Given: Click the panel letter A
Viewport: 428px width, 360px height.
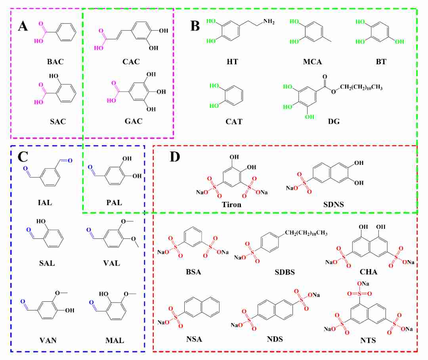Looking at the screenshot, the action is [23, 26].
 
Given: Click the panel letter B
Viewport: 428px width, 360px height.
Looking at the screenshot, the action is [195, 26].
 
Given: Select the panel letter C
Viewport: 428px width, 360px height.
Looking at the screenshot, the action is [23, 157].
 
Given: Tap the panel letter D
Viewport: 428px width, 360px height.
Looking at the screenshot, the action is [175, 157].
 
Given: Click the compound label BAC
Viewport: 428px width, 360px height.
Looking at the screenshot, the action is [55, 62].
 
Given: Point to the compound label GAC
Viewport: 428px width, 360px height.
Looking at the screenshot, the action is [134, 121].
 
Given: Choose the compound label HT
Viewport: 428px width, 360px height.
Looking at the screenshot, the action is [232, 62].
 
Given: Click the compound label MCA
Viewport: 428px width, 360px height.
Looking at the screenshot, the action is [312, 62].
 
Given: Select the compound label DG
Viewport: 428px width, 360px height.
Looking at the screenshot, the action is [334, 121].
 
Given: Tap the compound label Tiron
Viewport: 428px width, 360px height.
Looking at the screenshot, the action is [231, 205].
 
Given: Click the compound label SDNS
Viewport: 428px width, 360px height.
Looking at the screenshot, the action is [334, 205].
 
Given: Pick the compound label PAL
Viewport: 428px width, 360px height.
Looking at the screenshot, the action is [114, 203].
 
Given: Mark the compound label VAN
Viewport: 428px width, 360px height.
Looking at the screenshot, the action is [48, 340].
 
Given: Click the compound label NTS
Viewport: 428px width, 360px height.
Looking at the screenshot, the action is [368, 340].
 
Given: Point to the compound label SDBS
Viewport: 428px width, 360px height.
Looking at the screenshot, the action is [285, 272].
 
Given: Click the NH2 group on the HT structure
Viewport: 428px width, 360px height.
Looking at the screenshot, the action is [269, 21].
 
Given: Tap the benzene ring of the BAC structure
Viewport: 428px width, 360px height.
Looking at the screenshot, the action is [66, 32].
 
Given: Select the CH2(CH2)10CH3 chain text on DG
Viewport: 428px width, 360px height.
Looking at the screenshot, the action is [361, 87].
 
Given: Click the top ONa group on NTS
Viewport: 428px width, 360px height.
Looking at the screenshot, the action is [363, 284].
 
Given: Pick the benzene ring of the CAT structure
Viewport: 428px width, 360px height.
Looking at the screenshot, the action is [233, 95].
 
